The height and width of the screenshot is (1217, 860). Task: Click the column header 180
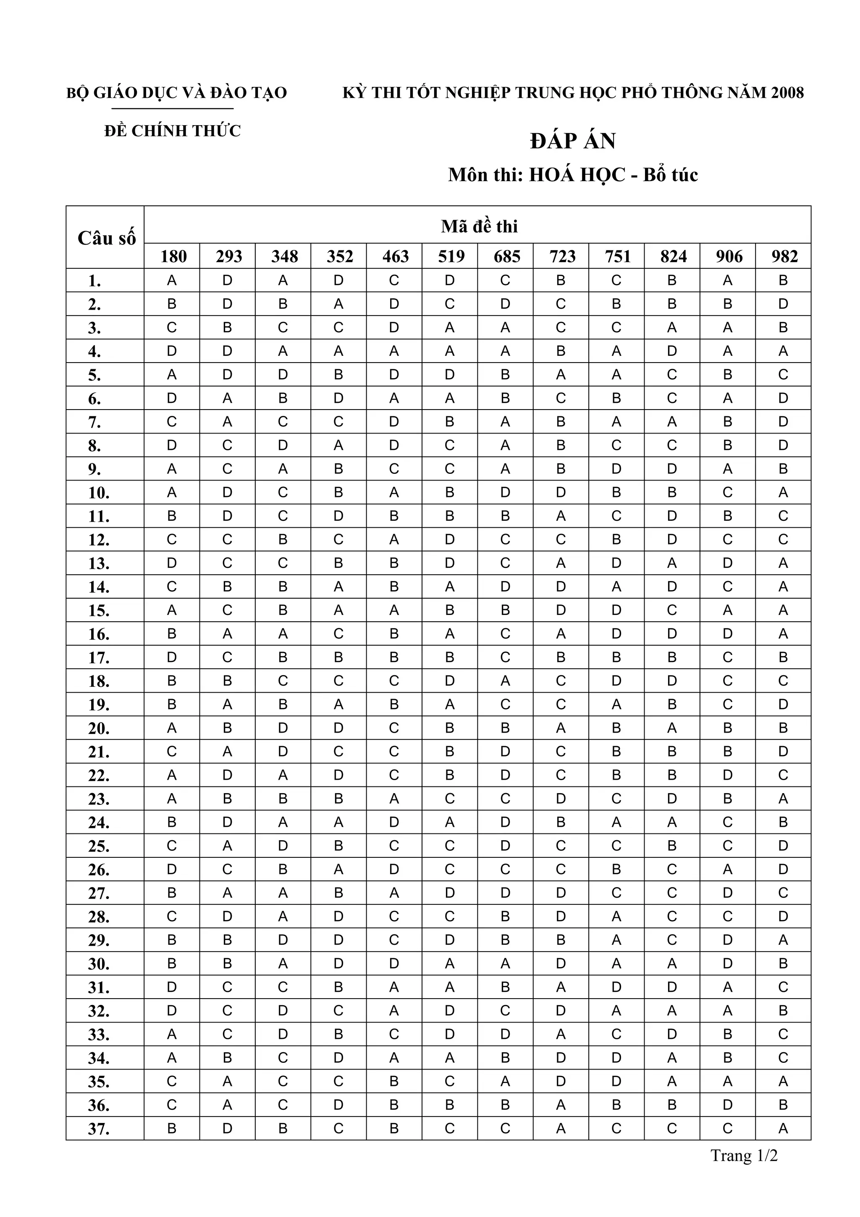(173, 257)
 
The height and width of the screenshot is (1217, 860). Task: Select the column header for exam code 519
(451, 257)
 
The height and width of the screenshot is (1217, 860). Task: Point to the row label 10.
(99, 493)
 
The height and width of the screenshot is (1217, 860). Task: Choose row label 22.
(99, 775)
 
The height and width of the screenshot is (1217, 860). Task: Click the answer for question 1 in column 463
(394, 280)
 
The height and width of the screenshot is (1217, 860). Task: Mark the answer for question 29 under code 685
(505, 940)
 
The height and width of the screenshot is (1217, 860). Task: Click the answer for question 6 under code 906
(728, 398)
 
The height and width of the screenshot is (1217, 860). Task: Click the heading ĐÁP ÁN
(573, 141)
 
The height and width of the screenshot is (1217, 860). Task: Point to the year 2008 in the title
(787, 93)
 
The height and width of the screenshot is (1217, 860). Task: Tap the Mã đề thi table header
(479, 226)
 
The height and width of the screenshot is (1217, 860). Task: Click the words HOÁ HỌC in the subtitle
(577, 175)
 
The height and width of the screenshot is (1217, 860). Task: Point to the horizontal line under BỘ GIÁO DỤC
(173, 109)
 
